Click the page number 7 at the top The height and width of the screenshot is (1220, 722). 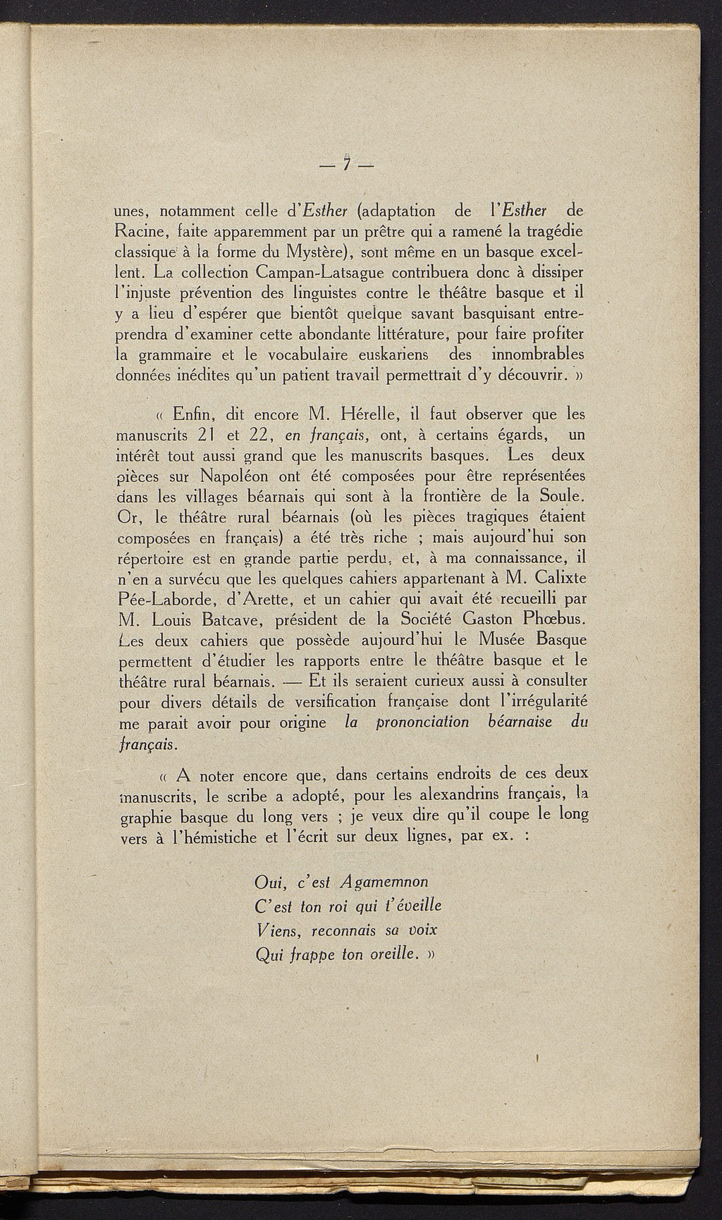tap(347, 164)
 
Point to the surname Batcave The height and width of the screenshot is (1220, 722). tap(232, 620)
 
